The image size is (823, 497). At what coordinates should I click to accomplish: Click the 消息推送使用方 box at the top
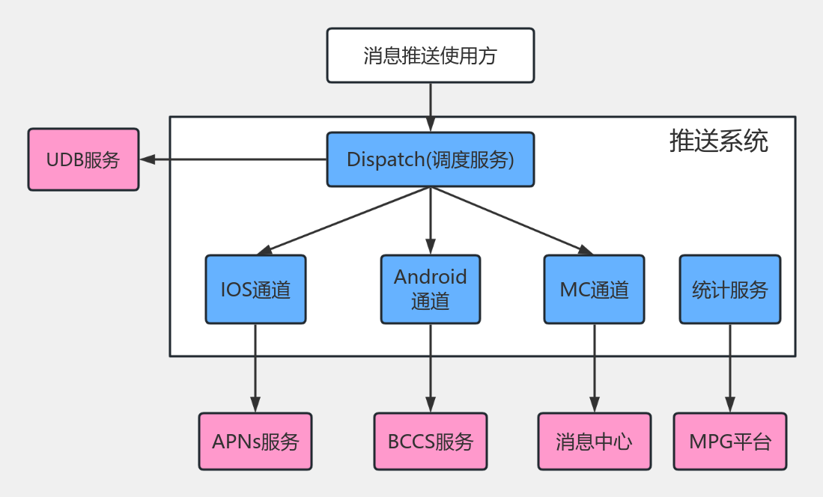pos(431,55)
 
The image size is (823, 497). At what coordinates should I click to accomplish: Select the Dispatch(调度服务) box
pos(431,159)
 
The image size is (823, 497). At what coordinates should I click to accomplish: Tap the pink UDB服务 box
pos(83,159)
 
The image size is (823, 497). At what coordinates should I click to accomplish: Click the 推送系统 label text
pos(718,141)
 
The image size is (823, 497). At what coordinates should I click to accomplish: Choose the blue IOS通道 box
pos(255,290)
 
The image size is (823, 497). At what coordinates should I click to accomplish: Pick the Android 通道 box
pos(431,290)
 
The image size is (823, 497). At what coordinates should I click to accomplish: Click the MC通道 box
pos(594,290)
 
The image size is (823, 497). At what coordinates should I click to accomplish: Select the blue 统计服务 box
pos(729,290)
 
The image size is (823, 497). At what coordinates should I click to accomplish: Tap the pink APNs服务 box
pos(255,441)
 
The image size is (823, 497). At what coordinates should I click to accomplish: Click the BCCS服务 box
pos(431,441)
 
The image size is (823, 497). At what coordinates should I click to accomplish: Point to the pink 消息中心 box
pos(594,441)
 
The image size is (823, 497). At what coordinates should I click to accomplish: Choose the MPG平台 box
pos(729,441)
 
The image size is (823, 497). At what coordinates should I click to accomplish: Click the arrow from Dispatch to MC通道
pos(512,219)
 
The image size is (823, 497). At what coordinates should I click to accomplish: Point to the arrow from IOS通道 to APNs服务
pos(255,367)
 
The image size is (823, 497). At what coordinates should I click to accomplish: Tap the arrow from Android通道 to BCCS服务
pos(431,367)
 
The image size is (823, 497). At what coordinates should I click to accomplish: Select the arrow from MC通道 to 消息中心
pos(594,367)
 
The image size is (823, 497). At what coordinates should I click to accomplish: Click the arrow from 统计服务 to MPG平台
pos(729,367)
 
